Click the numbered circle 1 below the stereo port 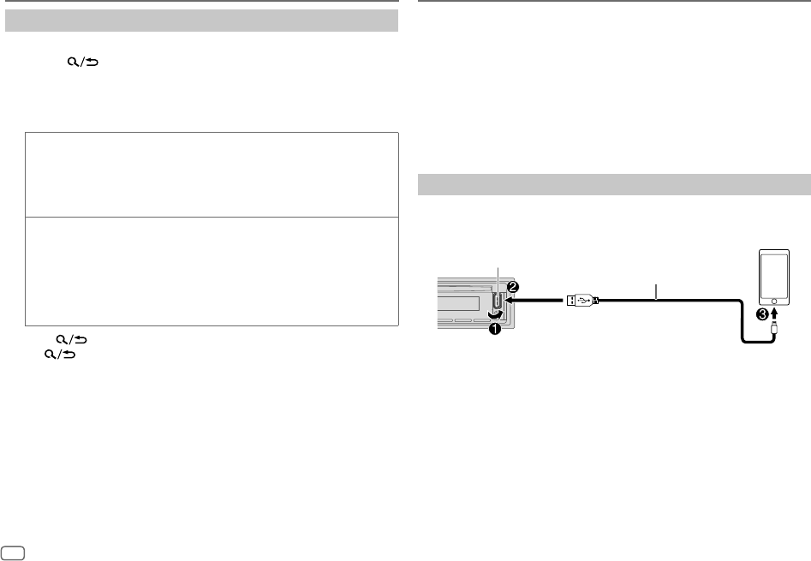[x=495, y=331]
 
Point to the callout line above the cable [x=656, y=292]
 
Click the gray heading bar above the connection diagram [x=613, y=184]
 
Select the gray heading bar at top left [x=202, y=21]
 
